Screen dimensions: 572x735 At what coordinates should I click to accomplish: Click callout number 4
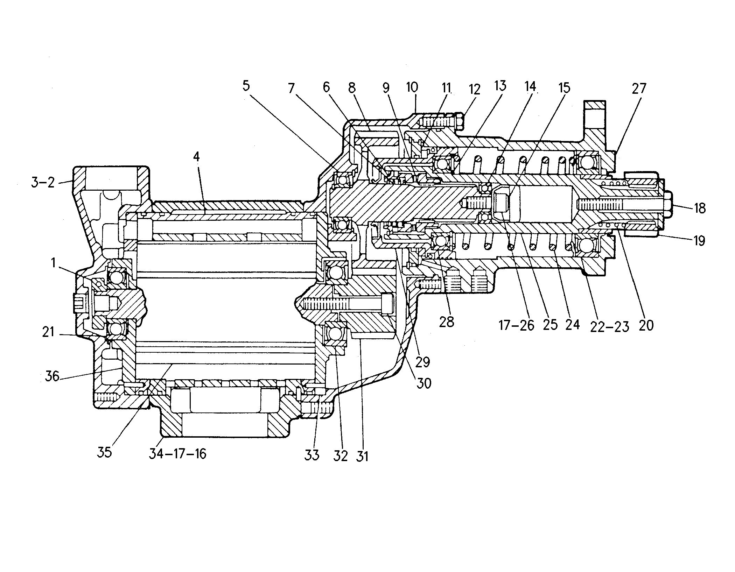(196, 157)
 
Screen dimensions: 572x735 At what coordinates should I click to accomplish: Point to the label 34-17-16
(177, 454)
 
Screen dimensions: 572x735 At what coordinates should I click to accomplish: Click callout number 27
(638, 89)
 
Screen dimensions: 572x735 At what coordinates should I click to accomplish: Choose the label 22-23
(609, 326)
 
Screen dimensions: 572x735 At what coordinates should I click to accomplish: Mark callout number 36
(52, 377)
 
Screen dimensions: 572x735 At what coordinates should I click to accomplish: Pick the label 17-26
(517, 325)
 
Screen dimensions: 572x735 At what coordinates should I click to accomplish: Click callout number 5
(246, 86)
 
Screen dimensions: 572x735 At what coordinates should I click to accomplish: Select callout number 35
(104, 452)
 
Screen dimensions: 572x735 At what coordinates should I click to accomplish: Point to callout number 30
(423, 383)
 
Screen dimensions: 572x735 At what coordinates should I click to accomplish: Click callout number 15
(564, 87)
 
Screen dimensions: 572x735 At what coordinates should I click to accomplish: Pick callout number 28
(446, 322)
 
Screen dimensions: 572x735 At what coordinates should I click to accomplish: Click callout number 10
(412, 87)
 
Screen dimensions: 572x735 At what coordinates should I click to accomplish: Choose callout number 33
(311, 455)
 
